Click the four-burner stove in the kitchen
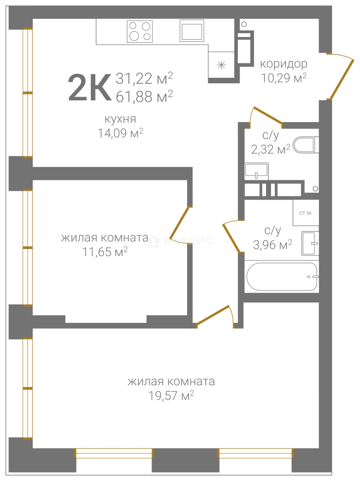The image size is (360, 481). click(140, 32)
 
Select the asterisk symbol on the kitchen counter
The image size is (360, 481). click(221, 65)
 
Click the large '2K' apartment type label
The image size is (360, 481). click(89, 87)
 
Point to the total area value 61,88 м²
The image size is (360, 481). click(144, 96)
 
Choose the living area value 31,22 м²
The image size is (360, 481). click(144, 78)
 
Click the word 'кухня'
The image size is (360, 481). click(120, 119)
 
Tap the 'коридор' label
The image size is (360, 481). click(283, 64)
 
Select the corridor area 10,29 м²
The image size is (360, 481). click(284, 78)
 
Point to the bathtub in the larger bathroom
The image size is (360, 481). click(282, 277)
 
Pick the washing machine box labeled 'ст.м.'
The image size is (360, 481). click(306, 213)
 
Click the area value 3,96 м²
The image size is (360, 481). click(273, 245)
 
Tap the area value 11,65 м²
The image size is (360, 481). click(105, 252)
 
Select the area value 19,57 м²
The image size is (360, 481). click(171, 395)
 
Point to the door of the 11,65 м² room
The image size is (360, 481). click(178, 224)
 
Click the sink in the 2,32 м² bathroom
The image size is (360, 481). click(257, 171)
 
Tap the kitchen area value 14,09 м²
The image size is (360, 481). click(120, 133)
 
